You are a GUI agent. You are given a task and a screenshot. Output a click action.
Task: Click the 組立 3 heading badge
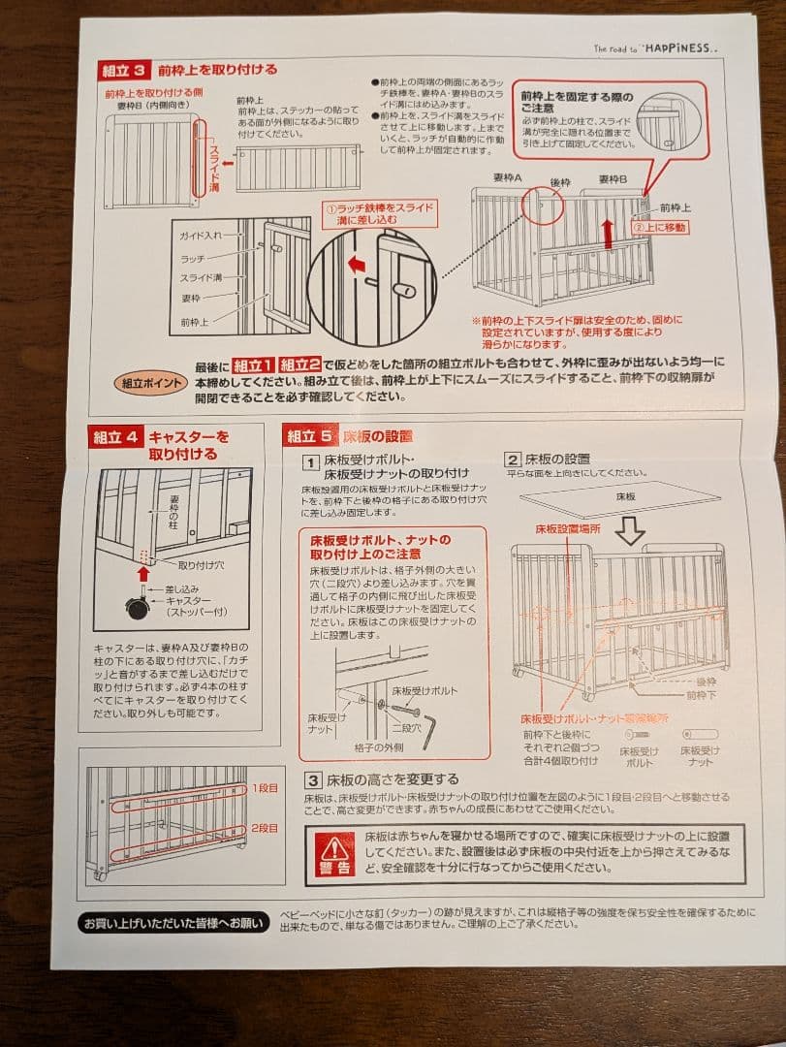click(x=125, y=71)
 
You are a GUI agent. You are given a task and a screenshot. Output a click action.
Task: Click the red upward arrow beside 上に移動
click(x=608, y=234)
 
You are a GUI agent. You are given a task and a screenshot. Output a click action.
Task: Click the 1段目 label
click(x=265, y=788)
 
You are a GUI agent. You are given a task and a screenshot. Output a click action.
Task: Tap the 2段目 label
click(x=265, y=829)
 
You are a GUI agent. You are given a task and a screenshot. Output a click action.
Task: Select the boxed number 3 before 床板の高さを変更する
click(x=312, y=779)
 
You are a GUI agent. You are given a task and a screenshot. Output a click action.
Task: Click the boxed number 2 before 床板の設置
click(x=513, y=460)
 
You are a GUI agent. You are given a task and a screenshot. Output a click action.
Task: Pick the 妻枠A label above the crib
click(x=505, y=179)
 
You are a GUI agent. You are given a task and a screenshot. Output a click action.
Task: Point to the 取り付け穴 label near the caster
click(x=199, y=564)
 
